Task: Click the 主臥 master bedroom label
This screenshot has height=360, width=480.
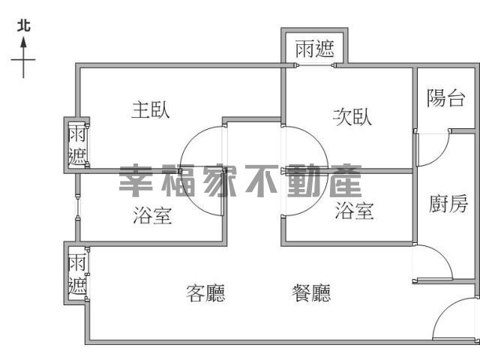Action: pyautogui.click(x=151, y=110)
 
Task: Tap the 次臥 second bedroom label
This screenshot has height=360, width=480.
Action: pyautogui.click(x=352, y=117)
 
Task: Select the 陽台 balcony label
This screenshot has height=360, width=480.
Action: pyautogui.click(x=446, y=98)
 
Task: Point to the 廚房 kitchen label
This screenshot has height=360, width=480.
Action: pyautogui.click(x=448, y=203)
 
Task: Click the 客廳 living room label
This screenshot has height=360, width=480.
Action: pyautogui.click(x=205, y=293)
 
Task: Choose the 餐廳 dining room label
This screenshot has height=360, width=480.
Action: pyautogui.click(x=311, y=293)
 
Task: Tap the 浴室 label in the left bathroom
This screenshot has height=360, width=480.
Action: pyautogui.click(x=152, y=215)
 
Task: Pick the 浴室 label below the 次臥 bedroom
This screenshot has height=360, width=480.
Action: pyautogui.click(x=354, y=211)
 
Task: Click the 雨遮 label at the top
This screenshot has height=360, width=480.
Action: pyautogui.click(x=315, y=49)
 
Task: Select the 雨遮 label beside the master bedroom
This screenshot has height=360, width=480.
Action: pyautogui.click(x=76, y=145)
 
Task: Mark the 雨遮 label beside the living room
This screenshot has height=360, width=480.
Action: pyautogui.click(x=76, y=274)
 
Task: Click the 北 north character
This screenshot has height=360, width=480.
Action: pyautogui.click(x=23, y=25)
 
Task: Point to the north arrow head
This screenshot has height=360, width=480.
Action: pyautogui.click(x=23, y=43)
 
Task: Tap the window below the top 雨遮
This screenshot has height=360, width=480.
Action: pyautogui.click(x=315, y=65)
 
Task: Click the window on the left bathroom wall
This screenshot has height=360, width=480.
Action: pyautogui.click(x=78, y=207)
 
